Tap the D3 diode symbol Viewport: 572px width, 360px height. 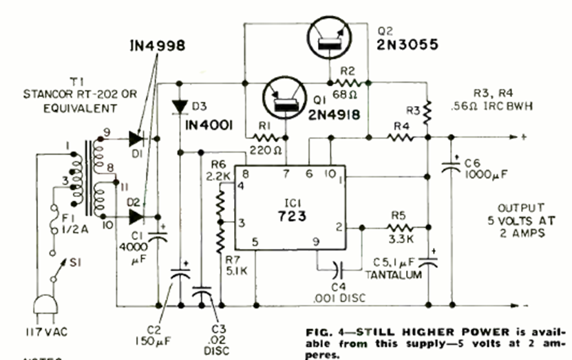[x=180, y=106]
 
